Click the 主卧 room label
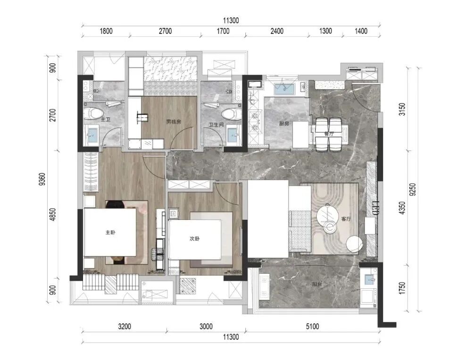(110, 233)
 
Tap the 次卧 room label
(194, 239)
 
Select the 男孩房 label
(174, 122)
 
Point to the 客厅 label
(346, 219)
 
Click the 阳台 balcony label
(317, 284)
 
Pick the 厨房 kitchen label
(284, 124)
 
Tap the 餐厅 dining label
(329, 134)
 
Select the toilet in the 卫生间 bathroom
(232, 113)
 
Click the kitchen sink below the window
(284, 89)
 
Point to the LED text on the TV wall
(376, 209)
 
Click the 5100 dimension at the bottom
(312, 327)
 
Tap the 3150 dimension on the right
(402, 109)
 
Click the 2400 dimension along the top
(276, 31)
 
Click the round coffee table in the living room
(330, 226)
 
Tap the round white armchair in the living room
(355, 244)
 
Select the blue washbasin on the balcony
(370, 278)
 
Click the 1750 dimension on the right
(402, 288)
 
